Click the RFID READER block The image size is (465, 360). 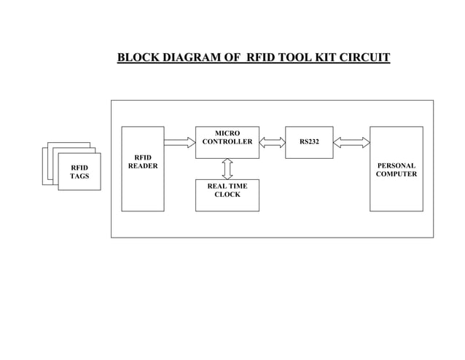(x=142, y=169)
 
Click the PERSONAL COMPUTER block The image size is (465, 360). (x=396, y=169)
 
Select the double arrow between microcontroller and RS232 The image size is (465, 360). (x=272, y=142)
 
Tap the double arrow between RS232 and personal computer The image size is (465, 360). (x=351, y=142)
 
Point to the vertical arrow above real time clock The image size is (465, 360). (x=227, y=168)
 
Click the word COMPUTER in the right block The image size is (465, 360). (x=396, y=175)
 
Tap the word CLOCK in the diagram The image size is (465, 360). (x=227, y=195)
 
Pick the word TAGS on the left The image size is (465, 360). (x=79, y=177)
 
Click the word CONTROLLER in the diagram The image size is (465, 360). (x=227, y=142)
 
